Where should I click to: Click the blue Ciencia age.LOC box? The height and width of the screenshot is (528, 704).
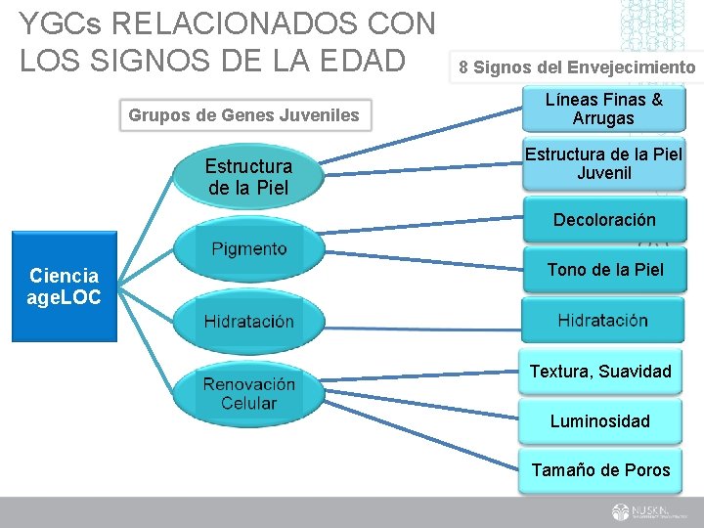pos(65,286)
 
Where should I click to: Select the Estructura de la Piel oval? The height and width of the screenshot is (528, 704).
pos(247,177)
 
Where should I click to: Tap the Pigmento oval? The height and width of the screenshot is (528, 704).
pos(248,249)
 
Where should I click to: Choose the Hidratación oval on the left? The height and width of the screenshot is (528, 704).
pos(248,322)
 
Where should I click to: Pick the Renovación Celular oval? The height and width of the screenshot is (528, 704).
pos(248,394)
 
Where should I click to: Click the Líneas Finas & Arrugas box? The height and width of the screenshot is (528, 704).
pos(602,109)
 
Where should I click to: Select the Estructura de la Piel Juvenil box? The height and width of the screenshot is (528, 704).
pos(602,163)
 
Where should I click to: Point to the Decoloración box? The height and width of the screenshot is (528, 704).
pos(602,220)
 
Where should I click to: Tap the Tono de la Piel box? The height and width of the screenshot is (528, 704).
pos(602,270)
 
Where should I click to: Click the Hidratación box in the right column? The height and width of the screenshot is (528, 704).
pos(602,320)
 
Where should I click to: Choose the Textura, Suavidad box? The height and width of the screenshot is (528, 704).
pos(600,371)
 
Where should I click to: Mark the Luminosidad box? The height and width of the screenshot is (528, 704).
pos(600,421)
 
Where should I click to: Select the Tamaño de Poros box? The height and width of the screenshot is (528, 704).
pos(600,470)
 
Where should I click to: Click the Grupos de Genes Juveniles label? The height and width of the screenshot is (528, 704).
pos(243,115)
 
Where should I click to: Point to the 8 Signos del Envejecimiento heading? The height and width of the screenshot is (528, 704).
pos(577,67)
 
